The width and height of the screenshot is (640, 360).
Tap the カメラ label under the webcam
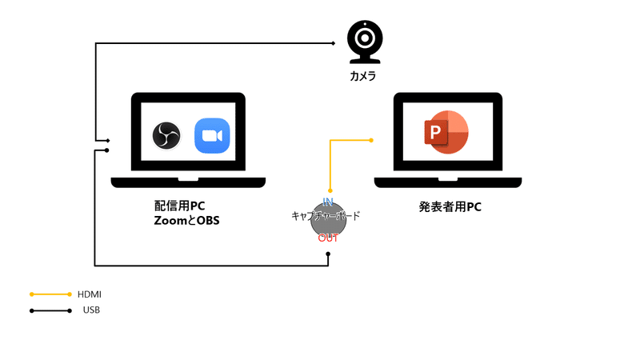(362, 77)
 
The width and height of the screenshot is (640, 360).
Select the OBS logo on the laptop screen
(167, 135)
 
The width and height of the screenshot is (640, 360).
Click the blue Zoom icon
(212, 135)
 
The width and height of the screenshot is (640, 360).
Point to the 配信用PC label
(180, 206)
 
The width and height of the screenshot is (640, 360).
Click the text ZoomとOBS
(186, 220)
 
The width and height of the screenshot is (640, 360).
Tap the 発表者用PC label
(450, 206)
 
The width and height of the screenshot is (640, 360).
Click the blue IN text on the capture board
(328, 201)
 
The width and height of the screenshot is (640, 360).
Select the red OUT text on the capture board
(328, 238)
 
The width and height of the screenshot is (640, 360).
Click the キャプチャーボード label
(326, 216)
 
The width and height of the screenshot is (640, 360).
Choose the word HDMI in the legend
(90, 294)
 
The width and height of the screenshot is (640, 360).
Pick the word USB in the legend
(91, 310)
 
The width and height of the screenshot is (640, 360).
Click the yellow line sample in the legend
(51, 294)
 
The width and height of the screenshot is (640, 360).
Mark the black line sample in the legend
(51, 310)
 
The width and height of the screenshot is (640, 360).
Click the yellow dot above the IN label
(330, 190)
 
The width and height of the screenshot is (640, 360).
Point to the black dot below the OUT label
(329, 254)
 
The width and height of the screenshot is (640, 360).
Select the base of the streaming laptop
(188, 182)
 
